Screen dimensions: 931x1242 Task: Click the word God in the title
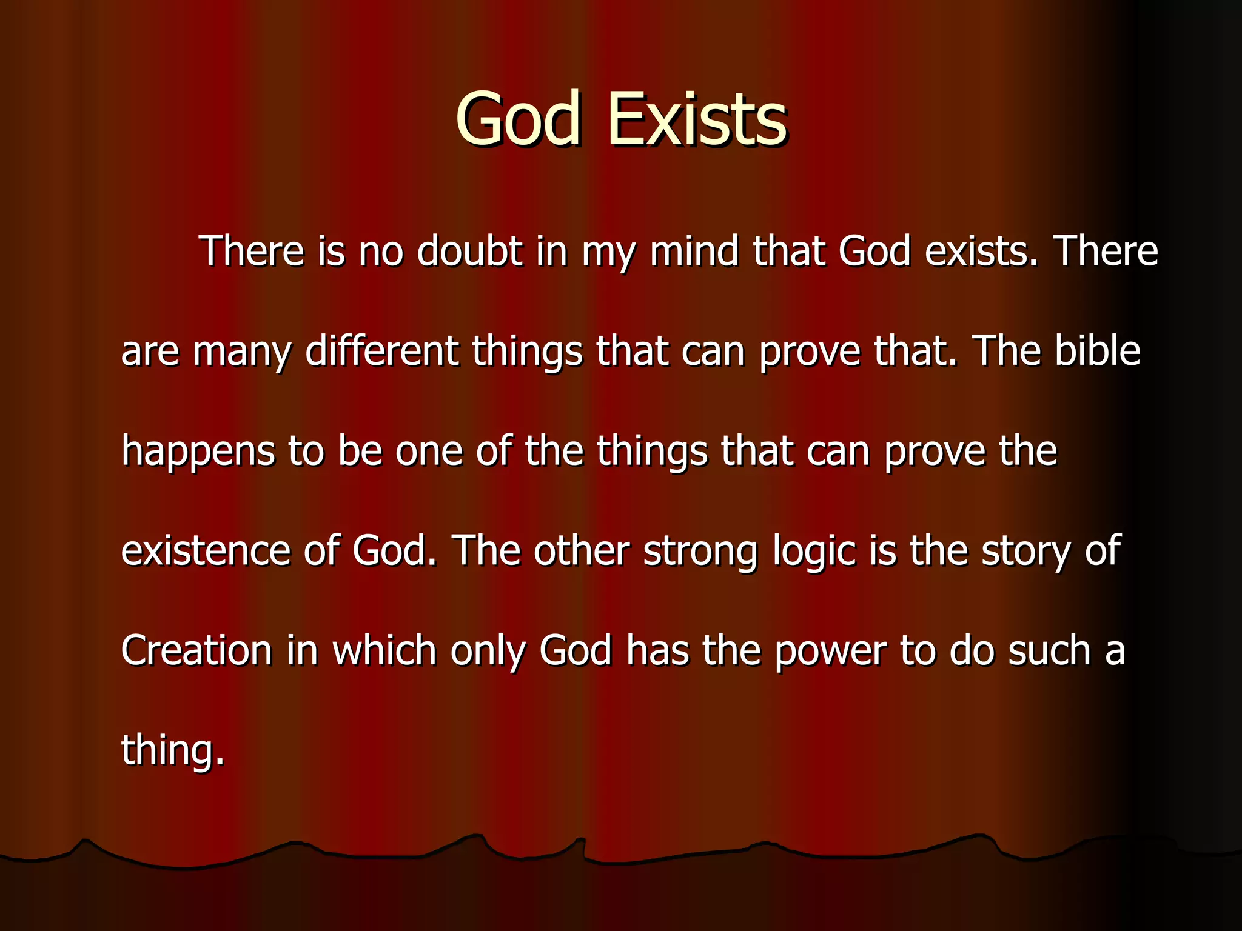[519, 119]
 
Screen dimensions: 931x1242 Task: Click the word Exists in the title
[697, 119]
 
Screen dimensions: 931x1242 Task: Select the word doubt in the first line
[470, 251]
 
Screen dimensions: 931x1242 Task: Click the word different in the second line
[382, 351]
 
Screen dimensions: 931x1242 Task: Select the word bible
[1098, 351]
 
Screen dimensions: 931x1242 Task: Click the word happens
[198, 452]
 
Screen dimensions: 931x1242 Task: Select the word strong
[700, 552]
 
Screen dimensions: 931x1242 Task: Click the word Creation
[196, 650]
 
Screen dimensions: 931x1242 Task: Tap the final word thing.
[172, 751]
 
